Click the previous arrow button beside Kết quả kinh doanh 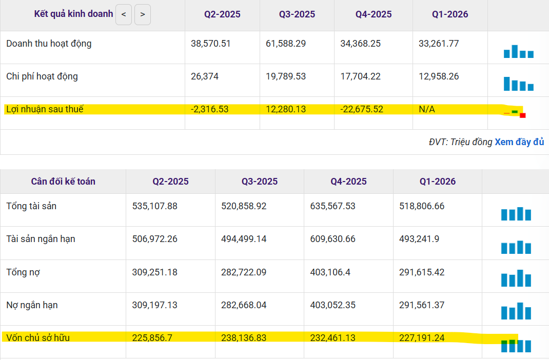point(124,15)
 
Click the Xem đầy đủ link point(519,142)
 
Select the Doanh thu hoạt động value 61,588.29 point(286,44)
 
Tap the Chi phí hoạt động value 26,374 point(205,76)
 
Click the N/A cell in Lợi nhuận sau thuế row point(427,109)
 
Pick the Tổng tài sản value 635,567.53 point(332,206)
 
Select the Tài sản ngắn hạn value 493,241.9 point(419,239)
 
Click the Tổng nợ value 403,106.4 point(330,272)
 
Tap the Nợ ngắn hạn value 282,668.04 point(244,305)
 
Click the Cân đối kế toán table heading point(63,181)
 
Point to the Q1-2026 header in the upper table point(450,14)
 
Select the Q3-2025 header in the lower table point(260,181)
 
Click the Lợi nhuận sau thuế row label point(45,109)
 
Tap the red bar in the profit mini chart point(523,115)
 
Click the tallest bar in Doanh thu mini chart point(515,51)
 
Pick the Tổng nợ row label point(23,272)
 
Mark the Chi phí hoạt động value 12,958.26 point(439,76)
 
